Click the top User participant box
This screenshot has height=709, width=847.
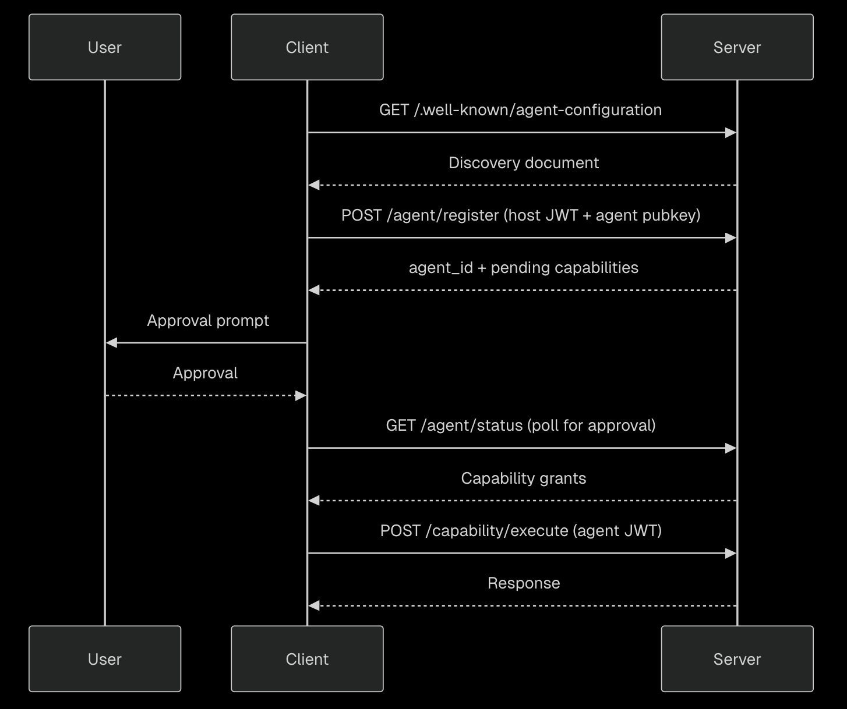click(x=105, y=47)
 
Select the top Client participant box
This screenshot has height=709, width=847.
click(x=307, y=47)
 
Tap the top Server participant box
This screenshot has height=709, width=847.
click(x=737, y=47)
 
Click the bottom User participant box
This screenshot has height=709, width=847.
click(x=105, y=659)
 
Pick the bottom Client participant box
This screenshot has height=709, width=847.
click(x=307, y=659)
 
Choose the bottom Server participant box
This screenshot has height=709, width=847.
click(x=737, y=659)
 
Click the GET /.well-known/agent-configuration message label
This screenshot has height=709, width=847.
click(x=520, y=110)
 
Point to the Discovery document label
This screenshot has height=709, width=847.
click(x=523, y=163)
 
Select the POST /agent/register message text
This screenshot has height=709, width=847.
click(x=521, y=215)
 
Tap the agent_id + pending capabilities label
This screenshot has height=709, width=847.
click(x=523, y=268)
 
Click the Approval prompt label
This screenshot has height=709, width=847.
click(x=208, y=321)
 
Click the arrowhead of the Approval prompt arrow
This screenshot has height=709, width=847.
click(x=111, y=343)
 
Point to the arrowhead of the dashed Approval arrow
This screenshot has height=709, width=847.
click(x=301, y=395)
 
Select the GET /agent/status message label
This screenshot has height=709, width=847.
click(x=521, y=426)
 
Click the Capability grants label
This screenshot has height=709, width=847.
click(x=523, y=478)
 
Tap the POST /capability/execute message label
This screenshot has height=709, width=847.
click(x=521, y=531)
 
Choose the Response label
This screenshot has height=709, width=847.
click(x=523, y=583)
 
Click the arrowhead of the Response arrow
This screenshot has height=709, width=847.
click(x=313, y=605)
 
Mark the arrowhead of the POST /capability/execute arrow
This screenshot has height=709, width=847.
click(x=730, y=553)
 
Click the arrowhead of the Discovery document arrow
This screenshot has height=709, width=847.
click(x=313, y=185)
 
